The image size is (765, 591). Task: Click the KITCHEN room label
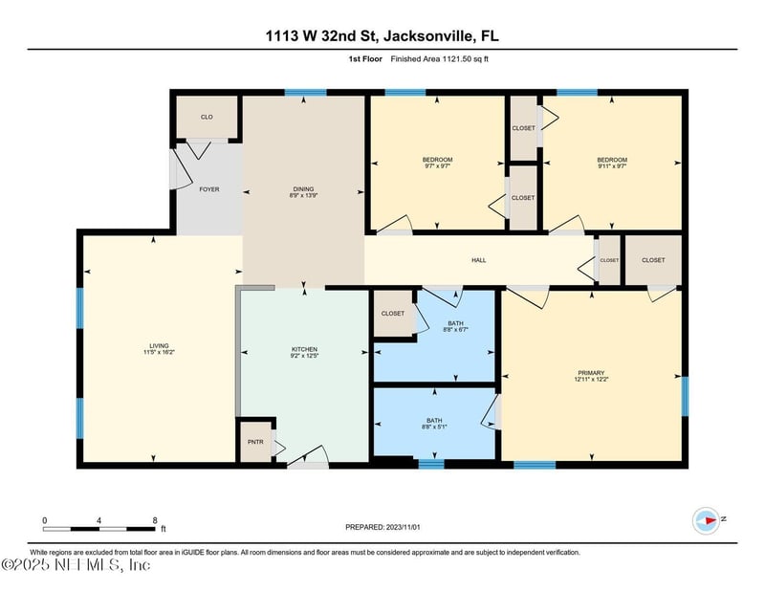click(x=304, y=350)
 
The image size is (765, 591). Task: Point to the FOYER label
click(x=208, y=189)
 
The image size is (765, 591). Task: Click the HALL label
click(x=479, y=259)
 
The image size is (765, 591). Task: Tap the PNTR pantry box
click(x=254, y=443)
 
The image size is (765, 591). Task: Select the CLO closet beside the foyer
click(x=206, y=117)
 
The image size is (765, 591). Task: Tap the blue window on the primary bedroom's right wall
click(x=685, y=396)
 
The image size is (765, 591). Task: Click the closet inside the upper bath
click(x=392, y=314)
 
